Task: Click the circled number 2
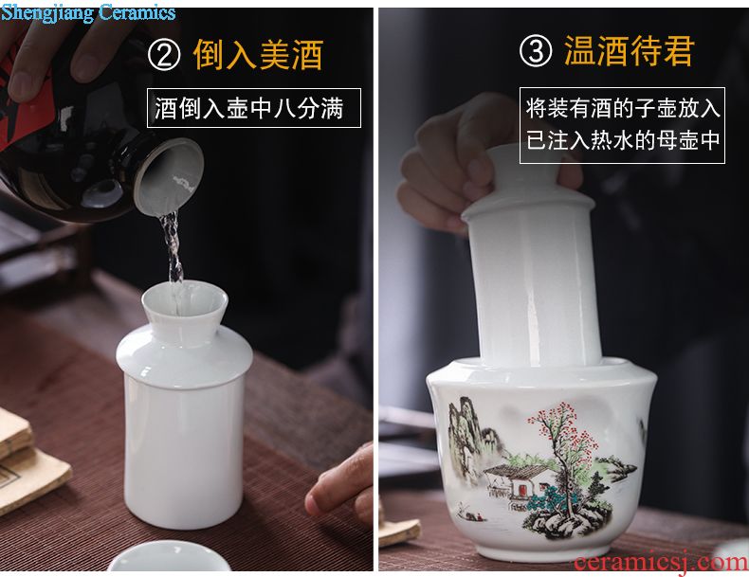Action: pos(164,55)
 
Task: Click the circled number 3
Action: pos(536,50)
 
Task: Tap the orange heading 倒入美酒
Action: pos(259,55)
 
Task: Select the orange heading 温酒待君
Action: pos(630,50)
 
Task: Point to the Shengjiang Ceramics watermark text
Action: pos(88,12)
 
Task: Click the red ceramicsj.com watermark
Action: pos(661,563)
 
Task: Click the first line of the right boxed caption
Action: pos(622,108)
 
